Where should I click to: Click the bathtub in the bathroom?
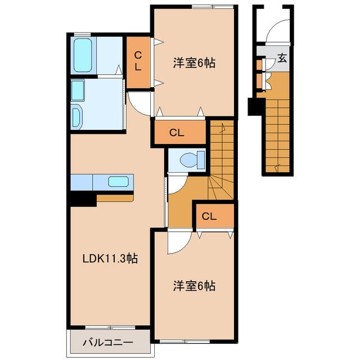tap(83, 55)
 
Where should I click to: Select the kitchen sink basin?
tap(119, 182)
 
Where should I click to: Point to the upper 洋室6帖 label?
tap(193, 63)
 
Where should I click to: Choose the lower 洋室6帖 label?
tap(193, 286)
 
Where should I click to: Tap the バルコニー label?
tap(108, 342)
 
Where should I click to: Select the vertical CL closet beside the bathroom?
tap(137, 61)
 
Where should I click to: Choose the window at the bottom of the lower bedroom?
tap(194, 340)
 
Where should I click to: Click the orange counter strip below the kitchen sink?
tap(115, 198)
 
